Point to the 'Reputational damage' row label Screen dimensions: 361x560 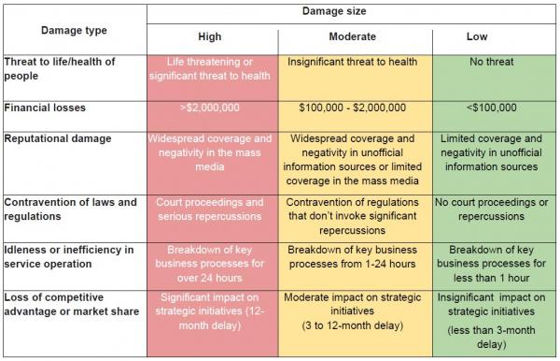pos(57,137)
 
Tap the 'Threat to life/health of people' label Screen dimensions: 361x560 pos(61,68)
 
